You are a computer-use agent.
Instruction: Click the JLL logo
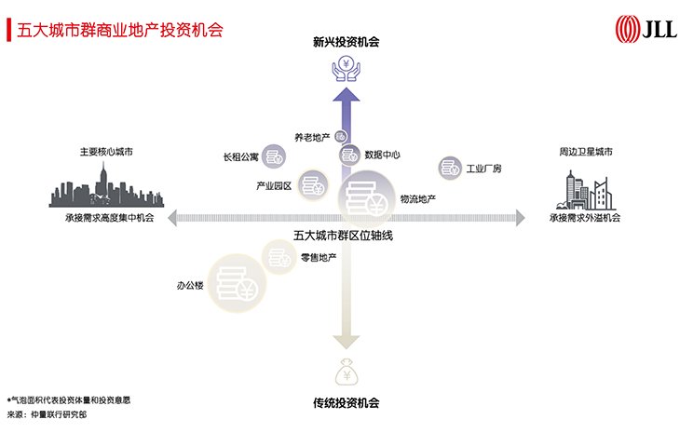645,29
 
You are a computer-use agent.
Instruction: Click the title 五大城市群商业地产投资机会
120,30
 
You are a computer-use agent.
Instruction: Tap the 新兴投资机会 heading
346,42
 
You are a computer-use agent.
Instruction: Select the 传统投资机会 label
346,403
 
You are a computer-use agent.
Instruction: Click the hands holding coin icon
346,69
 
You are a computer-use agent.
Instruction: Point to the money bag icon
346,372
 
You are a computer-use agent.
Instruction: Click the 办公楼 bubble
237,284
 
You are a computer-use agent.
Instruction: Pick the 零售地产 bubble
279,257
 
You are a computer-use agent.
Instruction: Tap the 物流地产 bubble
366,199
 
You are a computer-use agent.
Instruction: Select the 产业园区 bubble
313,184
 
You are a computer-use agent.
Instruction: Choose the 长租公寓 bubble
274,156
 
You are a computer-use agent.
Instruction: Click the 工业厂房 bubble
450,168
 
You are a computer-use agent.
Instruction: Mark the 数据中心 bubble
349,156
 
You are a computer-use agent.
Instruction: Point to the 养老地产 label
312,138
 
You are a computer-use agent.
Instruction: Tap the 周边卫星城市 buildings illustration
586,190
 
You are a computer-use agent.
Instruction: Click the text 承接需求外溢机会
585,217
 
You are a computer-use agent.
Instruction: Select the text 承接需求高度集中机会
110,217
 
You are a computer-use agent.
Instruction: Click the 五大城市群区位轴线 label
343,236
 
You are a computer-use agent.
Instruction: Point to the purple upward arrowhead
346,94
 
